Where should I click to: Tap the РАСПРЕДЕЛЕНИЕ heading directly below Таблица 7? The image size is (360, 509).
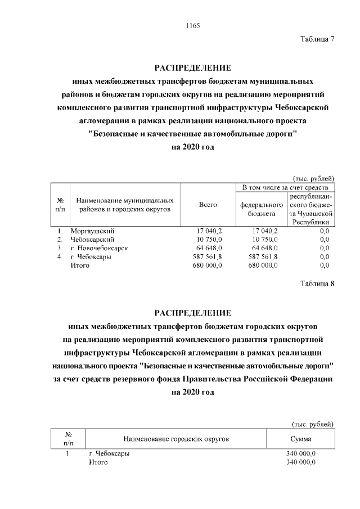point(193,68)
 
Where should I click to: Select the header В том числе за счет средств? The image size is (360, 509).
point(285,187)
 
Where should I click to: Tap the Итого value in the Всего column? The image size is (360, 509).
point(208,265)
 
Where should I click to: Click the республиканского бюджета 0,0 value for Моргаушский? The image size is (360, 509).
point(324,231)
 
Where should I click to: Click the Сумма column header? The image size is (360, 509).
point(301,439)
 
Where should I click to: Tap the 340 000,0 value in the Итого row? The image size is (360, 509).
point(301,462)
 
